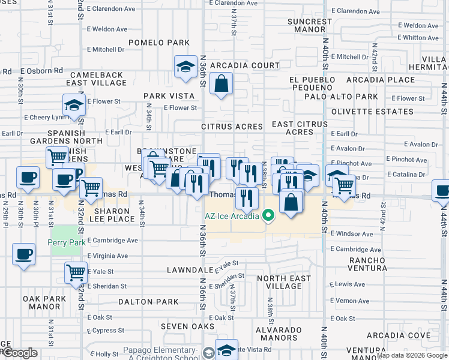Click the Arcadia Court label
click(x=249, y=65)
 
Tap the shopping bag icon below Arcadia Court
click(x=221, y=84)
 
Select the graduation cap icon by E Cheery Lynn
click(x=74, y=105)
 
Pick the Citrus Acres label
click(x=232, y=127)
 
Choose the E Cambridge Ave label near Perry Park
click(x=113, y=241)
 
